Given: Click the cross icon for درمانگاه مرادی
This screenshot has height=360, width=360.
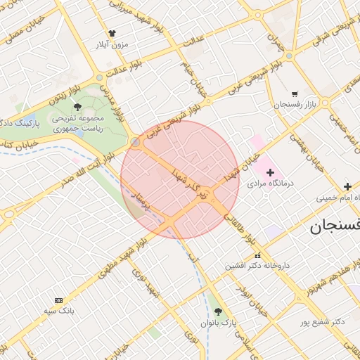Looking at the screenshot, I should (270, 172).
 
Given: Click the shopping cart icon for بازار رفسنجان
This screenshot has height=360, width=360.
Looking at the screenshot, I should (294, 94).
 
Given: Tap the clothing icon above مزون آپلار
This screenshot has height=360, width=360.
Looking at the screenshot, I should (112, 33).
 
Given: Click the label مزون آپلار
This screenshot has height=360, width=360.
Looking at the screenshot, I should (112, 44).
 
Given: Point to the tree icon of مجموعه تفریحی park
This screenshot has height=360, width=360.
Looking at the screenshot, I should (77, 107).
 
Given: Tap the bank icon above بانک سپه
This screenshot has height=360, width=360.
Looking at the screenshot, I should (58, 300).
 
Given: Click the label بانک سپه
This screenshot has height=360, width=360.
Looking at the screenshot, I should (58, 310).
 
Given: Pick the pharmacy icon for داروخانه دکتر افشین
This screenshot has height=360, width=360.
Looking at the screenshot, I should (257, 255).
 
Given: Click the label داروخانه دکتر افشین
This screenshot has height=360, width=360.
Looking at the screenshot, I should (257, 266).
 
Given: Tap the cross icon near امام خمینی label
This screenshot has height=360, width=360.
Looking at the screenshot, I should (347, 187).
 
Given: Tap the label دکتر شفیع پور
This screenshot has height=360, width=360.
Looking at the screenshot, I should (320, 322).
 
